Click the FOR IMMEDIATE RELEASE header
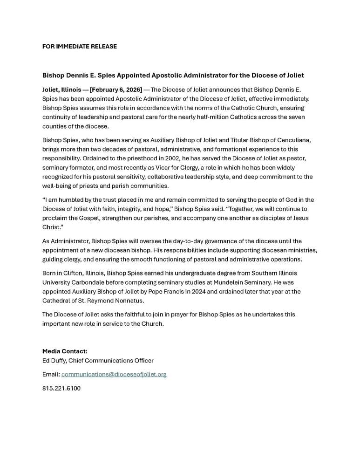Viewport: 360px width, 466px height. pos(80,47)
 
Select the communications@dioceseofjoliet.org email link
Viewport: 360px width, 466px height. pos(114,374)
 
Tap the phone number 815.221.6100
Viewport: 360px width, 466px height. pos(61,388)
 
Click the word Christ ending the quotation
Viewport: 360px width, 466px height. pos(52,227)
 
